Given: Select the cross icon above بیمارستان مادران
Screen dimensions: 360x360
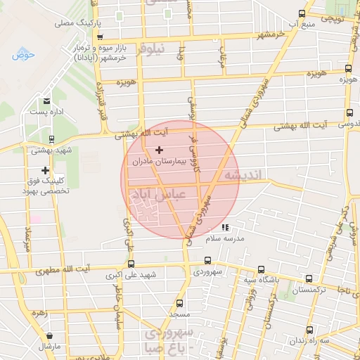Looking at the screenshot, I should click(159, 150).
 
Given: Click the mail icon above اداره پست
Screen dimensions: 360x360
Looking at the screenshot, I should click(46, 101).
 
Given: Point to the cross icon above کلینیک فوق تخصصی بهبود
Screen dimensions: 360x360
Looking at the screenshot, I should click(46, 170).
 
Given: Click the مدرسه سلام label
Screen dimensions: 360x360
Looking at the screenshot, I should click(224, 238).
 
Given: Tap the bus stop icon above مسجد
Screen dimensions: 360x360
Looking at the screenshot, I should click(181, 303).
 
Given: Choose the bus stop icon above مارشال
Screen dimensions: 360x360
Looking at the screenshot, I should click(50, 336).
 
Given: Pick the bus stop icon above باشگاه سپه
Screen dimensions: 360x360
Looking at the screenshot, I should click(261, 269).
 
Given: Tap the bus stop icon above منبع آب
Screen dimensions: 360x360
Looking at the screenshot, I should click(302, 13).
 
